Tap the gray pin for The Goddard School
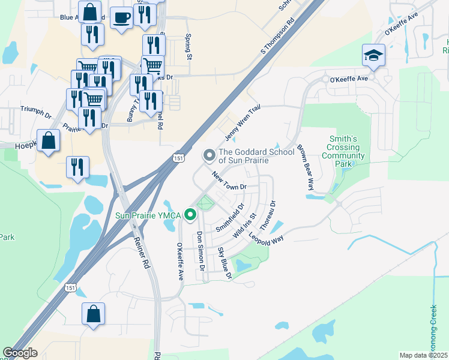(209, 155)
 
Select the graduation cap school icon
(373, 56)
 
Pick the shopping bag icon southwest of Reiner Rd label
(93, 314)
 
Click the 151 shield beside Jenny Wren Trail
(178, 157)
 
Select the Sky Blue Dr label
(224, 263)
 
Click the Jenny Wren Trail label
(243, 121)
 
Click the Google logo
(20, 353)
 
